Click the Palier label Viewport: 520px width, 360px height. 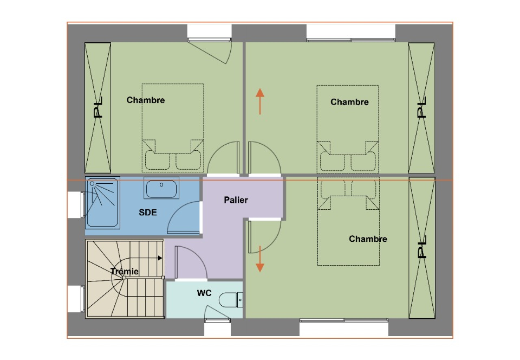(x=236, y=200)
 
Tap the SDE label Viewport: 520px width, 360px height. (x=147, y=213)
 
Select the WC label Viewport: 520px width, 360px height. (x=204, y=293)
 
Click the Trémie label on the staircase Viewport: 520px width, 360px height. (x=125, y=271)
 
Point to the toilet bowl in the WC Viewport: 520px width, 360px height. (x=231, y=300)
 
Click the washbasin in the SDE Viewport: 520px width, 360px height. (x=161, y=188)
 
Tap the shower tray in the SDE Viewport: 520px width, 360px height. (x=102, y=202)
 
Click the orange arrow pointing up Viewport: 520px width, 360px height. (x=260, y=101)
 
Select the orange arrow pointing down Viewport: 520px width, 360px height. (x=260, y=259)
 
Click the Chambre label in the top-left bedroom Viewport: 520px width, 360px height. (x=146, y=100)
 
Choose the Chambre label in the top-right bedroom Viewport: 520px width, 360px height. (x=349, y=102)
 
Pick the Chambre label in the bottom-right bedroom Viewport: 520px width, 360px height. (x=368, y=239)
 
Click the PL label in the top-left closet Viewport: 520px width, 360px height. (x=98, y=107)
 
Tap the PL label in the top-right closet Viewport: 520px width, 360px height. (x=421, y=107)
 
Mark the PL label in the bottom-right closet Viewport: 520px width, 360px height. (x=421, y=247)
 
